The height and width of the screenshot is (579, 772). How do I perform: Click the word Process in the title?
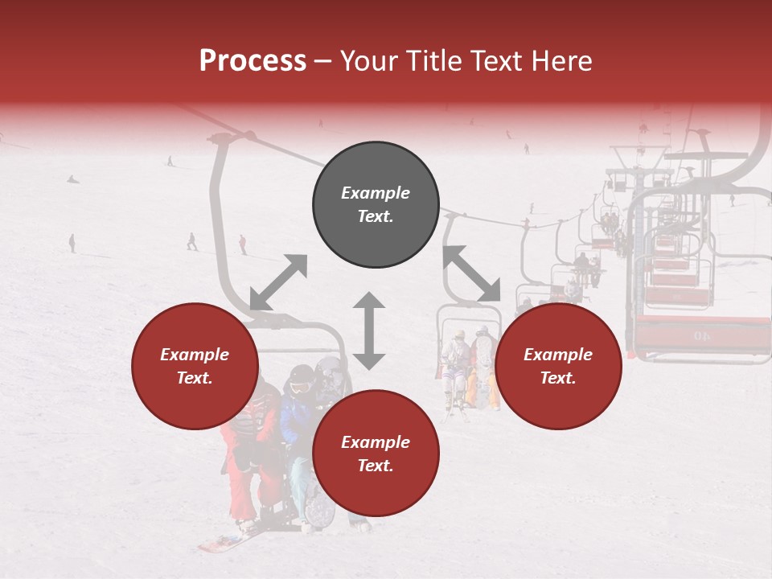click(x=253, y=61)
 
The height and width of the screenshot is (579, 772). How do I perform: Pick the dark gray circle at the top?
click(x=376, y=204)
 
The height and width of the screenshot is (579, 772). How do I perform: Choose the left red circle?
click(x=195, y=366)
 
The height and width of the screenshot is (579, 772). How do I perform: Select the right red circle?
click(x=558, y=366)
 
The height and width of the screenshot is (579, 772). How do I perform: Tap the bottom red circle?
click(x=376, y=454)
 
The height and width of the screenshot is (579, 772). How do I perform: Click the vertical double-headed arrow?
click(x=369, y=331)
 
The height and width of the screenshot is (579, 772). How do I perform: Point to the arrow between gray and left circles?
click(x=278, y=282)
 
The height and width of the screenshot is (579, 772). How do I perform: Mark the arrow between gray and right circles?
click(x=471, y=273)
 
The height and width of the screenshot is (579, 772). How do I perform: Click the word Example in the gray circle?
click(x=376, y=193)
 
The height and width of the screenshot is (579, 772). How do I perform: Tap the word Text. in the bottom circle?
click(x=376, y=466)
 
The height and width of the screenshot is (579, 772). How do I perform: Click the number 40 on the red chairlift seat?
click(x=701, y=335)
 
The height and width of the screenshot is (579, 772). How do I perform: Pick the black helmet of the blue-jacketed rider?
click(x=302, y=373)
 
